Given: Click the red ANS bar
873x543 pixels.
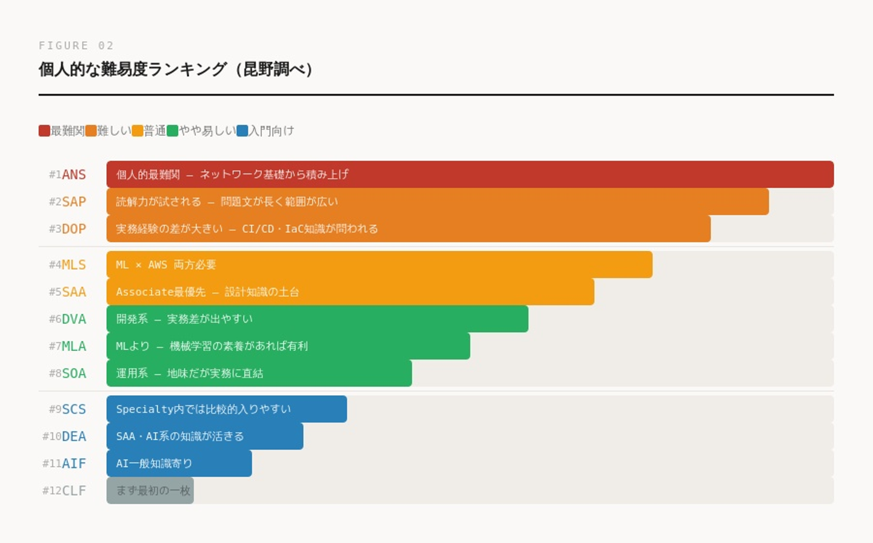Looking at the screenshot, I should (470, 175).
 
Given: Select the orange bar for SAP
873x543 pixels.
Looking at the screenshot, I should (437, 202).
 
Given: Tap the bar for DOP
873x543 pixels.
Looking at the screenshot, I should (408, 229).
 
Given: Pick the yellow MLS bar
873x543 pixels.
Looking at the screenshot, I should (379, 265).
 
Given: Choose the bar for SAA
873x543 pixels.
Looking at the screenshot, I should (350, 292).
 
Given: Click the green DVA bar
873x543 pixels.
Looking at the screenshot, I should (317, 319).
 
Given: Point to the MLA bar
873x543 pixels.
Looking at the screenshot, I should (288, 346).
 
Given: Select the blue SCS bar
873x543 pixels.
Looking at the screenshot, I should (226, 409).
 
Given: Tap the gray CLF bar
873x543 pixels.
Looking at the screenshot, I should (150, 491).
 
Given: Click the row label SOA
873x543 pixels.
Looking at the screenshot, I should (74, 373).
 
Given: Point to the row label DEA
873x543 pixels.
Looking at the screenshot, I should (74, 436).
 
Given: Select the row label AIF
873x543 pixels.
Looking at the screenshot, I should (74, 464).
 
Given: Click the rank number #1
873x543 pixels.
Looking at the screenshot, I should (55, 175).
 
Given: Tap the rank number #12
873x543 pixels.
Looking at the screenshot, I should (52, 491).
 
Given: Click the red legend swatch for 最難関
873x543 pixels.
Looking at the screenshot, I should (44, 131).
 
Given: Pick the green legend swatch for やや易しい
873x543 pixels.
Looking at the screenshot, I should (173, 131).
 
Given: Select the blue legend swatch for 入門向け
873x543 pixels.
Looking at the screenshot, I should (242, 131).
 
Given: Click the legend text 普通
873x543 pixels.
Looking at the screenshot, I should (155, 131).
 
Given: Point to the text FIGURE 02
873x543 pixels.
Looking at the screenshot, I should (76, 45).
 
